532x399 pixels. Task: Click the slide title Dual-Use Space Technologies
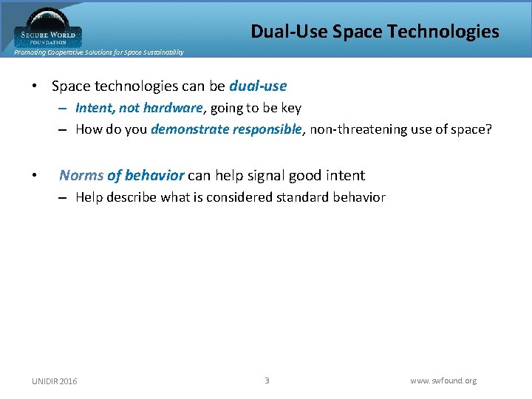[375, 31]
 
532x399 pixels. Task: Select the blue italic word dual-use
[258, 86]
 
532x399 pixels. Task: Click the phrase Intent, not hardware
[139, 108]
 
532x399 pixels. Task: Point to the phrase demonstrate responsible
[226, 129]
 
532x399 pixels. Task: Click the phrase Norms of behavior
[121, 175]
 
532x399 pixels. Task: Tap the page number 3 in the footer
[267, 381]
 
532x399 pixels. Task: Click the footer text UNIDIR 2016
[54, 381]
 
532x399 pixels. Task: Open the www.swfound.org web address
[443, 381]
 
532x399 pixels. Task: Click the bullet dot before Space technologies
[35, 86]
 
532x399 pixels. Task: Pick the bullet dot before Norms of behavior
[35, 176]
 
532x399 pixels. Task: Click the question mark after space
[488, 129]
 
